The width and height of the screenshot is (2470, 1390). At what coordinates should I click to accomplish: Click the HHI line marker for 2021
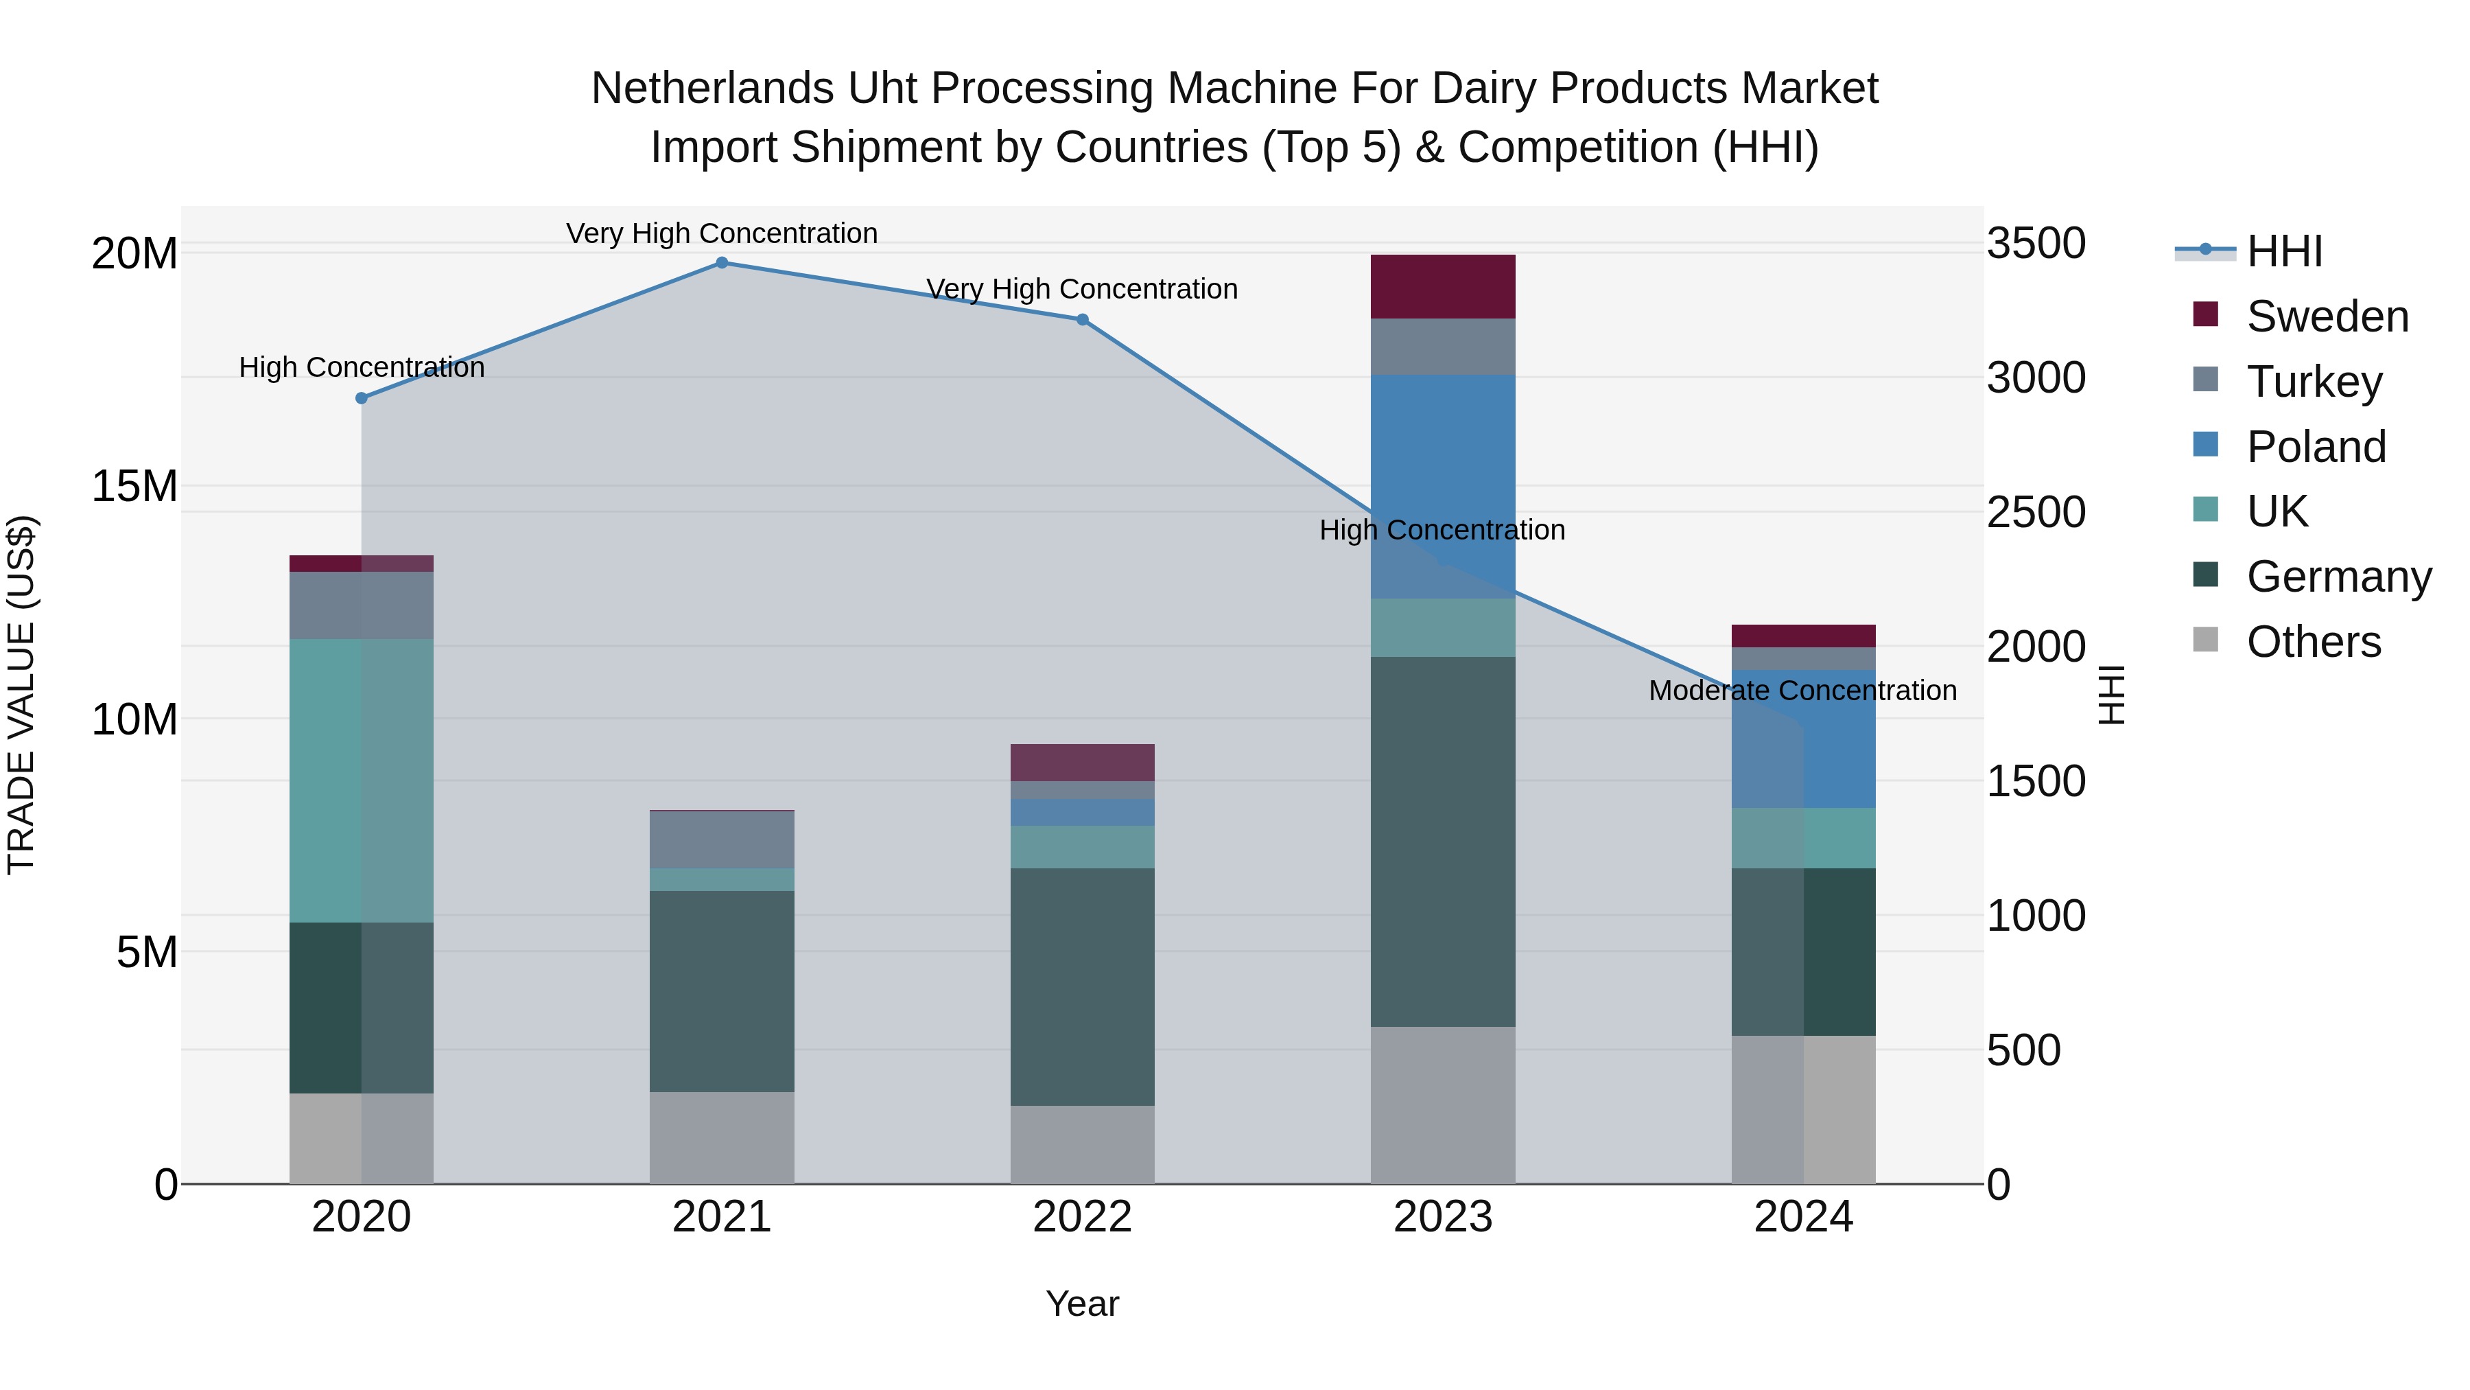point(722,263)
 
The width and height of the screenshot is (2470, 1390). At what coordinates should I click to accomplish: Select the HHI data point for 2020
point(362,398)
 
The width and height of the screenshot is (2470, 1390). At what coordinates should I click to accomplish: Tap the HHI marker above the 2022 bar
point(1083,319)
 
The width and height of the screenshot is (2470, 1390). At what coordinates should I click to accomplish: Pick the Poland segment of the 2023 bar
point(1442,461)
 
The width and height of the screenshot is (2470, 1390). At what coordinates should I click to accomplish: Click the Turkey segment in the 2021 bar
point(722,839)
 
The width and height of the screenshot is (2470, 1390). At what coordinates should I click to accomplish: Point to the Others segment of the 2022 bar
point(1083,1144)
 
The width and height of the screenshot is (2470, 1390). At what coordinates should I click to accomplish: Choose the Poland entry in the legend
point(2316,447)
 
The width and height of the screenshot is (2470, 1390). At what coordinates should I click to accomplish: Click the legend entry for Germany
point(2338,577)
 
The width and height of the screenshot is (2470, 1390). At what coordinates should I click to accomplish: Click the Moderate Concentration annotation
point(1802,691)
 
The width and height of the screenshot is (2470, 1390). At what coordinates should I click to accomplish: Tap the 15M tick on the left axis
point(134,487)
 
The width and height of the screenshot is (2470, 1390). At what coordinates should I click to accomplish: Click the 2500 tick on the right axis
point(2035,511)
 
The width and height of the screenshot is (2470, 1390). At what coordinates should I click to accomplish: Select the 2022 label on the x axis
point(1083,1217)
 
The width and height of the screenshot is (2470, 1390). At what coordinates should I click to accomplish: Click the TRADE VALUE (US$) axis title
point(21,695)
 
